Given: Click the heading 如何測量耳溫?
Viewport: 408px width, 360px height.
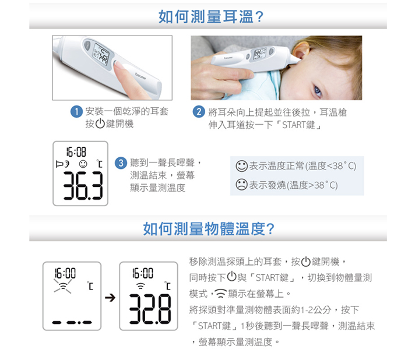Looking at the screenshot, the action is pos(211,16).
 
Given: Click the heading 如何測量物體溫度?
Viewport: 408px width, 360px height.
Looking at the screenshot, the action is pos(209,229).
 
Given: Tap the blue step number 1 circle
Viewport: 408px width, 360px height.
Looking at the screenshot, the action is pos(76,112).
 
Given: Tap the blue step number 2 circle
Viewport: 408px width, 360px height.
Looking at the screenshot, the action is pos(199,112).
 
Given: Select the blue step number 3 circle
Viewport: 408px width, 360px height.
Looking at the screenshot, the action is pos(121,163).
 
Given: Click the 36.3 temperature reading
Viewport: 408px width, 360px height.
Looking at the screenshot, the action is pos(83,185).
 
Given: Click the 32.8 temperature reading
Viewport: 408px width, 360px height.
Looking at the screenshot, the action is pos(150,309).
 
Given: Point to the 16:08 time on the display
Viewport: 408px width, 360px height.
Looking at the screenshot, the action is pos(76,151).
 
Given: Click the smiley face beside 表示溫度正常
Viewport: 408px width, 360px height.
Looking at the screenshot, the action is pos(241,166).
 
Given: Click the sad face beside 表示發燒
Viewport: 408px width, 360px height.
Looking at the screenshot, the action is pos(241,185).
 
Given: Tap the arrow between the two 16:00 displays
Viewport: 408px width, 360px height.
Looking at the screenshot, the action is pos(110,298).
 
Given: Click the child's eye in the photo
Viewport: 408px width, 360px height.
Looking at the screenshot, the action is pos(318,91).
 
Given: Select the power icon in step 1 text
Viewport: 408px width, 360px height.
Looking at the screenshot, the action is pos(100,123).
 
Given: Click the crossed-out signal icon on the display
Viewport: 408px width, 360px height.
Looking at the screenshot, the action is pos(63,286).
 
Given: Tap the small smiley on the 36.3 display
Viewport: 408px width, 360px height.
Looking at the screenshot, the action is pos(83,164).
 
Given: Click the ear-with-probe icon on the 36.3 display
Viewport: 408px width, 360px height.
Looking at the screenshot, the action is pos(62,164).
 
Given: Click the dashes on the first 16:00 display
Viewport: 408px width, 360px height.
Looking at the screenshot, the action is pos(72,323).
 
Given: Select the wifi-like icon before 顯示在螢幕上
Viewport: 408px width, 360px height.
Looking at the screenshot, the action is pos(221,293).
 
